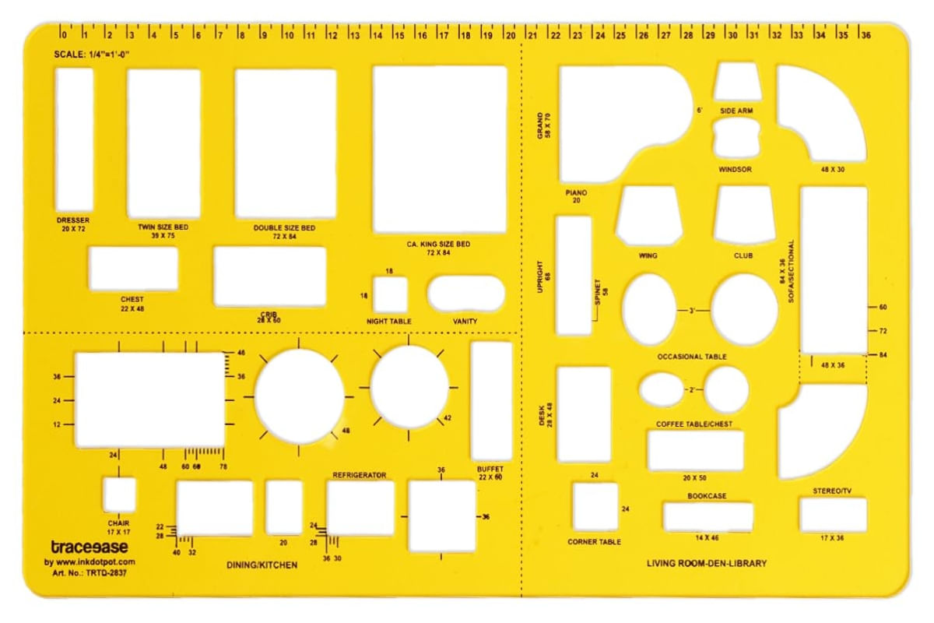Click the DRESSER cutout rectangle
[74, 140]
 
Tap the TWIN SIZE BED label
[163, 227]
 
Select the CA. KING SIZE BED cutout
[440, 149]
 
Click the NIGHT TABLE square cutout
[390, 294]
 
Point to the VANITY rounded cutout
[465, 294]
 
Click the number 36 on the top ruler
[866, 36]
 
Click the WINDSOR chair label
[735, 170]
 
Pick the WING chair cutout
[649, 215]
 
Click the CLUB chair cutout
[744, 214]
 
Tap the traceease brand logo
[90, 547]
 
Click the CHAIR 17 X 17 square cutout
[119, 495]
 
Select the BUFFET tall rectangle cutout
[491, 400]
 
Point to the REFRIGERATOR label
[360, 475]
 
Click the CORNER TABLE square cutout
[595, 507]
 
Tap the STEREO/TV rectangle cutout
[833, 515]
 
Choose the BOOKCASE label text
[707, 496]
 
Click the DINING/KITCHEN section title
[262, 565]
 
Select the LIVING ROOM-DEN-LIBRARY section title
[707, 563]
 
